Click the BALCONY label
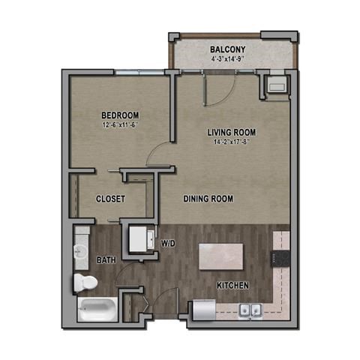(227, 49)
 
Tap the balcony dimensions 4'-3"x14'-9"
(227, 59)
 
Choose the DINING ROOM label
(208, 199)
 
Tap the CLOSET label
(110, 199)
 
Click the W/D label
(168, 244)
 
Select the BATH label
(106, 260)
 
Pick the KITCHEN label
(232, 286)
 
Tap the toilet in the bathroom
(85, 283)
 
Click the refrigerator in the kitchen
(202, 309)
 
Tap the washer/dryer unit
(139, 238)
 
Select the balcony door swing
(213, 88)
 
